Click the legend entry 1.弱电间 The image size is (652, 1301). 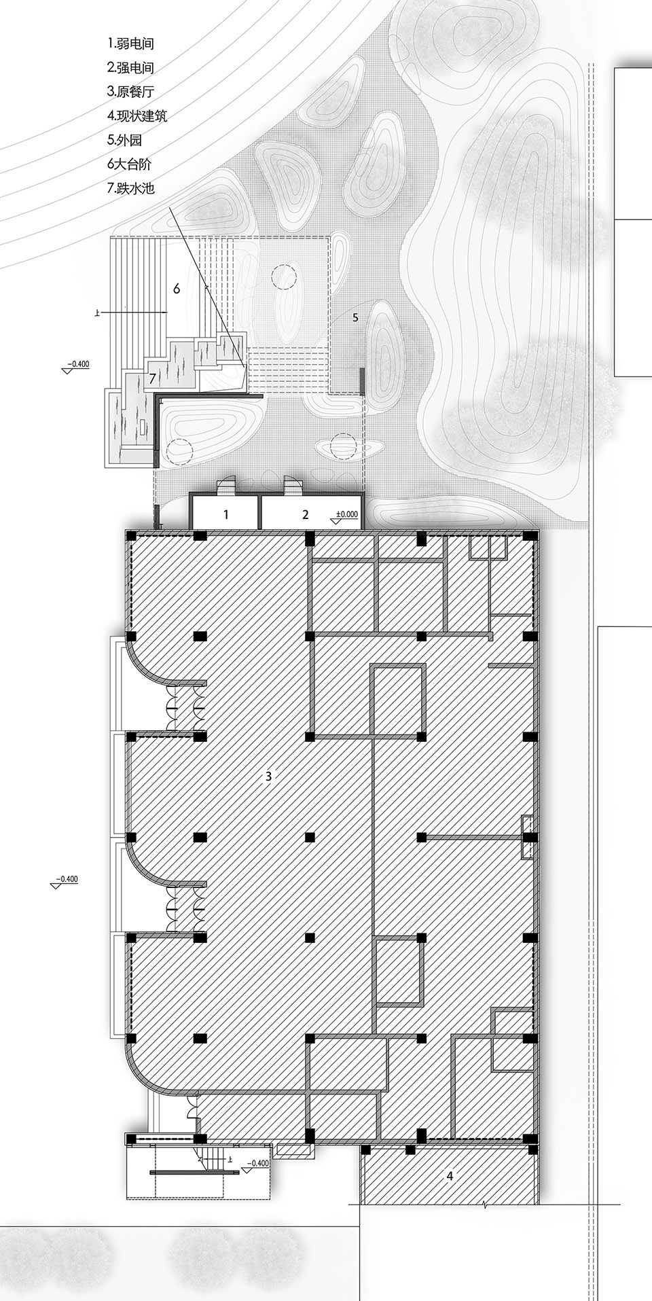(130, 43)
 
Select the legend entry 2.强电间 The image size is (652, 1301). (130, 67)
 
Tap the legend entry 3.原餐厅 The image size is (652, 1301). (130, 92)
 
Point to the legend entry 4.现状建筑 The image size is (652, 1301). (137, 115)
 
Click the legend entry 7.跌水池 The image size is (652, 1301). (130, 188)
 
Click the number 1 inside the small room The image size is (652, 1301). (226, 515)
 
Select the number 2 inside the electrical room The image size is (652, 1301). (306, 515)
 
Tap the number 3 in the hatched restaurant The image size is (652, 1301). (269, 776)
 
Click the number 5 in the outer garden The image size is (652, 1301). (355, 317)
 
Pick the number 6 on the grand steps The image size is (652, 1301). (177, 289)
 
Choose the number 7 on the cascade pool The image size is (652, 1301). (153, 378)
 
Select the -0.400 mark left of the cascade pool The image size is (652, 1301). (78, 364)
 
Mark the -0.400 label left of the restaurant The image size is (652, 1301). (67, 879)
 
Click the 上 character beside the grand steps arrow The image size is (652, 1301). (99, 313)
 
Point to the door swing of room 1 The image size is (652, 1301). (225, 487)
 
